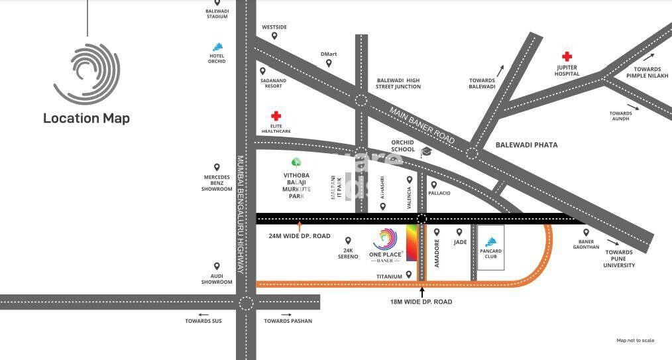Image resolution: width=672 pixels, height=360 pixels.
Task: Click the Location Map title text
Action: pos(86,119)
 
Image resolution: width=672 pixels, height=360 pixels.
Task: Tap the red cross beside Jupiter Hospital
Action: pos(567,57)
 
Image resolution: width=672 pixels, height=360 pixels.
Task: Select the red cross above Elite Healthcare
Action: pos(276,116)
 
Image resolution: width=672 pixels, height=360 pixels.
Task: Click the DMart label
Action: pos(329,54)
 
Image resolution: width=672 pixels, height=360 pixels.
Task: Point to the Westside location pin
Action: pos(274,36)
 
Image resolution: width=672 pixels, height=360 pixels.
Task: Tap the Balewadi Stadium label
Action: pos(217,13)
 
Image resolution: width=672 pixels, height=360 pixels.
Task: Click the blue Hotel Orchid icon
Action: pos(217,46)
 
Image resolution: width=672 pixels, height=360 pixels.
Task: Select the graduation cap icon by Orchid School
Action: pos(425,152)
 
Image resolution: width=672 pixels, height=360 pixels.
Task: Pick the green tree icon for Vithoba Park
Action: pos(296,162)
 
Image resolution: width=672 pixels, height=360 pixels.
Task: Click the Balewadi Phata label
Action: pos(527,145)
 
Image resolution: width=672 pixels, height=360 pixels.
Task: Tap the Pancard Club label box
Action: pos(491,248)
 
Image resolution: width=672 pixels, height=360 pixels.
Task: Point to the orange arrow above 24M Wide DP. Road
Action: pos(300,226)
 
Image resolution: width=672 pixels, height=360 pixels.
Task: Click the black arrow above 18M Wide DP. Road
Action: pos(421,290)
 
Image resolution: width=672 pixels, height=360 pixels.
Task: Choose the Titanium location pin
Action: pos(409,274)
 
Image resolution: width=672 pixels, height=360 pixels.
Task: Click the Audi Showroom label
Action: pos(217,279)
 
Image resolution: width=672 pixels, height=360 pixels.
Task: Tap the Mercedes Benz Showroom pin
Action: pos(217,168)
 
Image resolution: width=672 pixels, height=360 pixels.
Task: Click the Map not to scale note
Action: pos(635,341)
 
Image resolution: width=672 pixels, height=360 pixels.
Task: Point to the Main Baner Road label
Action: pos(421,125)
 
